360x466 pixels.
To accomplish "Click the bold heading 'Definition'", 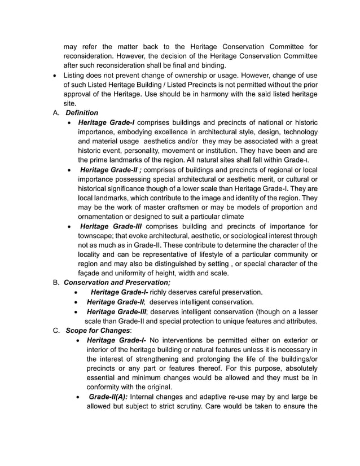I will point(82,113).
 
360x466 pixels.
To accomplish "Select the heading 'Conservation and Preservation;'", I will point(117,282).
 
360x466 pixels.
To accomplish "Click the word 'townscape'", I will point(96,236).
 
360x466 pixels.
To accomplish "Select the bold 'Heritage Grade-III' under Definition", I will point(112,227).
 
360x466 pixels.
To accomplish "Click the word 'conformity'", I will point(107,387).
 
